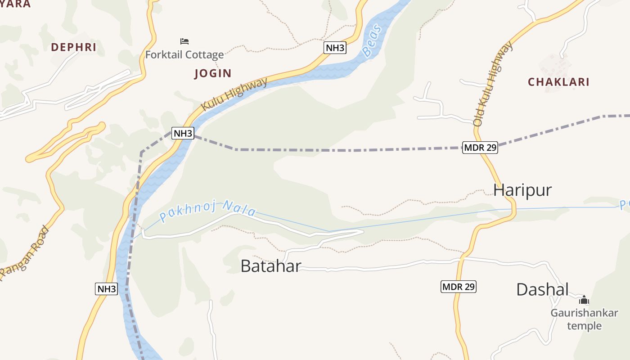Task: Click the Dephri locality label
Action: coord(74,47)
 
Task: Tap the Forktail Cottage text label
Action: coord(184,55)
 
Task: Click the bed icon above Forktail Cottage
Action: coord(184,41)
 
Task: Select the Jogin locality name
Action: coord(213,73)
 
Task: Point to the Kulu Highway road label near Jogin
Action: coord(234,94)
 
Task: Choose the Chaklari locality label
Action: coord(558,82)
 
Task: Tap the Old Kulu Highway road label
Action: coord(493,84)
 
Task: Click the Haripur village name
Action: coord(522,190)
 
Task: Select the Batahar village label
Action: coord(270,266)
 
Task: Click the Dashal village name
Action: coord(542,289)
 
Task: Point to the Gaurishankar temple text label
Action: coord(584,319)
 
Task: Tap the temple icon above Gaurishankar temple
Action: coord(584,300)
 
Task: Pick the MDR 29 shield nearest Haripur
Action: coord(480,147)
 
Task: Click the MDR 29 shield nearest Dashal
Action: coord(458,287)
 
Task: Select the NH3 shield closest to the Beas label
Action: coord(335,48)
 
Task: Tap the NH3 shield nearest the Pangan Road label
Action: coord(107,289)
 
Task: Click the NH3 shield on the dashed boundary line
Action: coord(183,133)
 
